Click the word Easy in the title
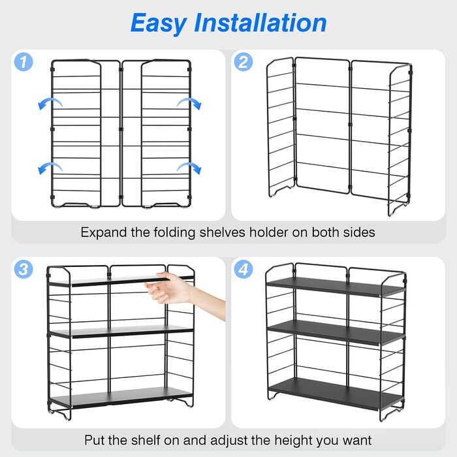pyautogui.click(x=159, y=24)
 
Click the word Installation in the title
pyautogui.click(x=260, y=23)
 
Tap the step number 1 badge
pyautogui.click(x=24, y=62)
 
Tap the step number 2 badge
pyautogui.click(x=244, y=62)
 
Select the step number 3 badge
pyautogui.click(x=24, y=269)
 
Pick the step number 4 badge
pyautogui.click(x=244, y=269)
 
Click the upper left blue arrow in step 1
pyautogui.click(x=50, y=102)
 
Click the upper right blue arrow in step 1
pyautogui.click(x=190, y=102)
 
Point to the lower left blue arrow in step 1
pyautogui.click(x=50, y=166)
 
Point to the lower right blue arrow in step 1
pyautogui.click(x=190, y=166)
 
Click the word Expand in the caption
pyautogui.click(x=104, y=233)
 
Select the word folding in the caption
pyautogui.click(x=174, y=233)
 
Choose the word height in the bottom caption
pyautogui.click(x=293, y=441)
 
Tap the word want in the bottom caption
pyautogui.click(x=357, y=441)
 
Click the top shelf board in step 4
pyautogui.click(x=335, y=287)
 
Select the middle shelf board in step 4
pyautogui.click(x=335, y=333)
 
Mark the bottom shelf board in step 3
pyautogui.click(x=121, y=397)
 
